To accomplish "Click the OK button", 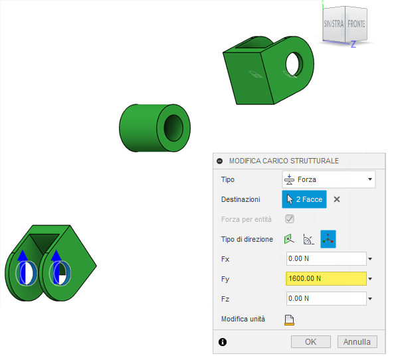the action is (x=311, y=341).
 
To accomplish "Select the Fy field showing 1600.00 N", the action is (x=326, y=279).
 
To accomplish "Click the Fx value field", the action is (x=326, y=259).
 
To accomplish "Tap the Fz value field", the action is (x=326, y=299).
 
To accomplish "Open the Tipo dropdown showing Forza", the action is (x=329, y=179).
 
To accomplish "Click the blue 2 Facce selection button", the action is (x=304, y=199).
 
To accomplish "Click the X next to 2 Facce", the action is (x=337, y=199).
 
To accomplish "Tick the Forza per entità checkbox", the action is (x=290, y=219).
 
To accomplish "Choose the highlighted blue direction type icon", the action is (x=328, y=239).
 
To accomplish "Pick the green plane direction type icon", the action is (x=289, y=239).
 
